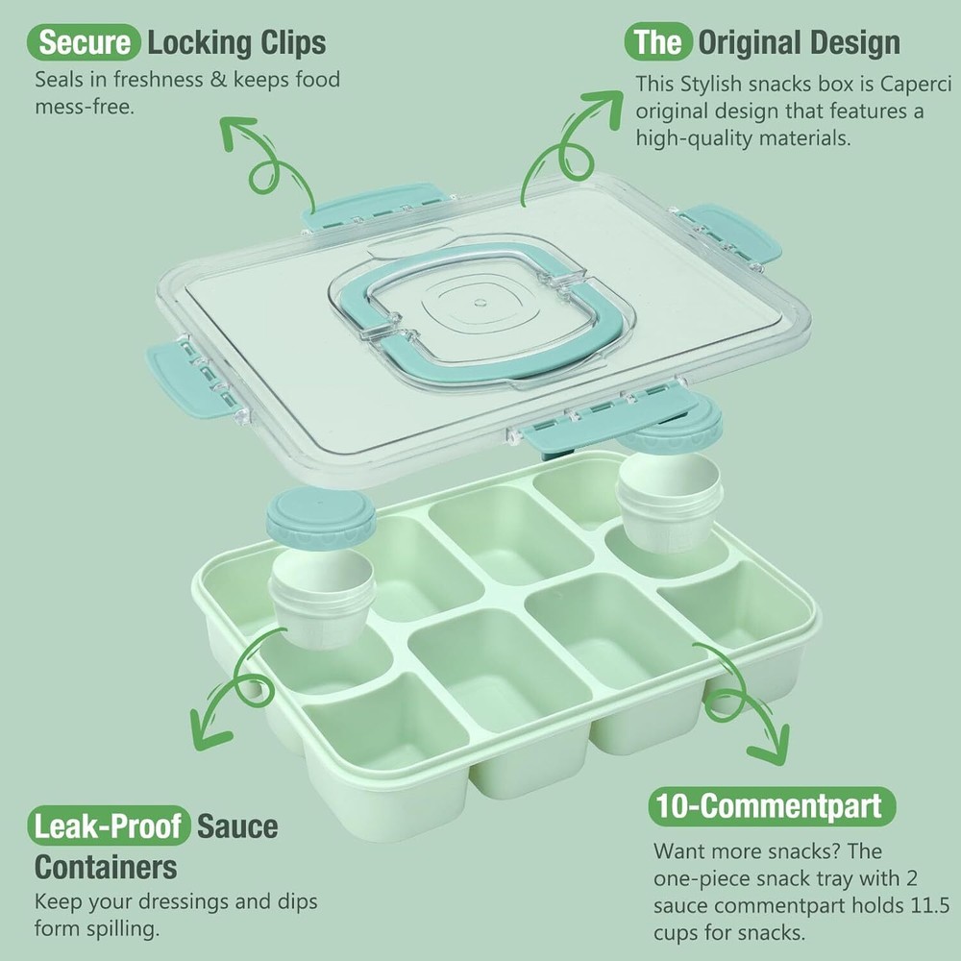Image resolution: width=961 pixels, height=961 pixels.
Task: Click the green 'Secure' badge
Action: point(84,42)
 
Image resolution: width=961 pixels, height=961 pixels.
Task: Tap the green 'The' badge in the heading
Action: point(658,42)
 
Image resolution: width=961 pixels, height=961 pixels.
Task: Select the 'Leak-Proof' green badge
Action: point(109,825)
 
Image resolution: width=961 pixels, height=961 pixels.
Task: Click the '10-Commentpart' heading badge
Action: point(772,806)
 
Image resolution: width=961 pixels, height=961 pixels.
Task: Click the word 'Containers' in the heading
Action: point(106,868)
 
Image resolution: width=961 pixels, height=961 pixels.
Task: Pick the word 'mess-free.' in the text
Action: point(84,108)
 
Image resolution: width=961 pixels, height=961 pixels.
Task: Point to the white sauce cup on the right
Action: point(669,503)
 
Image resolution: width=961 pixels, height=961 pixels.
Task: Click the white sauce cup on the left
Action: point(322,598)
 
